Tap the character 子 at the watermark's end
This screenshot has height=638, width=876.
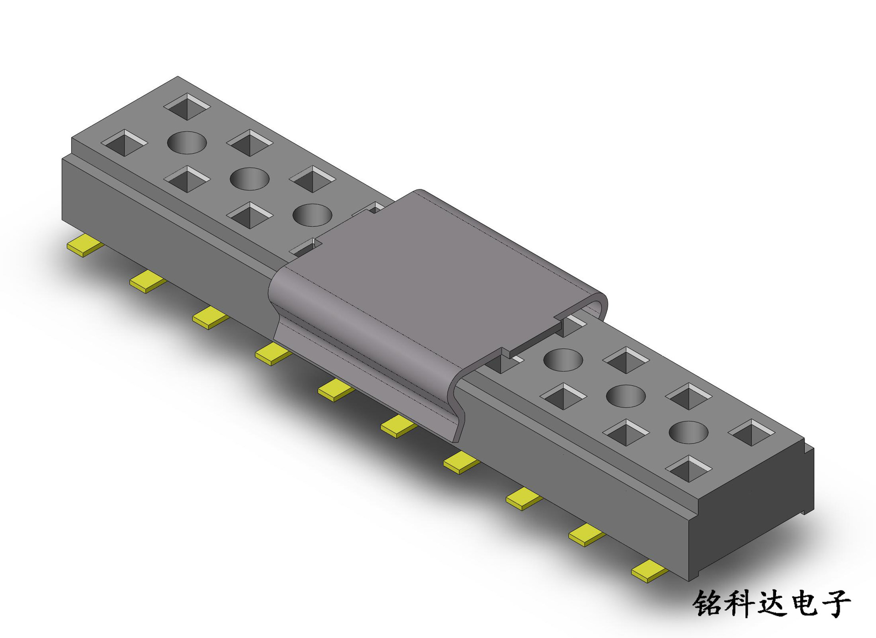pos(836,603)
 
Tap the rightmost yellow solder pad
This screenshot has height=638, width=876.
pos(650,571)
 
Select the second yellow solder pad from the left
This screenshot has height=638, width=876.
pos(148,281)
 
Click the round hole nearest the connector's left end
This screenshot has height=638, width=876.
pos(187,142)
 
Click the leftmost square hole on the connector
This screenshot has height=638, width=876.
pos(124,143)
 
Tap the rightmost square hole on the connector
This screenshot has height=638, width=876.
pos(751,433)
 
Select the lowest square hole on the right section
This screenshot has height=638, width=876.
pos(688,469)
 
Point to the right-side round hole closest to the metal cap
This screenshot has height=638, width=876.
pos(563,360)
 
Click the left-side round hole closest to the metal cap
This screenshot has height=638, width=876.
pos(312,215)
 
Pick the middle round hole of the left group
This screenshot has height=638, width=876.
pos(249,179)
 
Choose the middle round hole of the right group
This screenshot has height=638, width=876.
pos(626,396)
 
